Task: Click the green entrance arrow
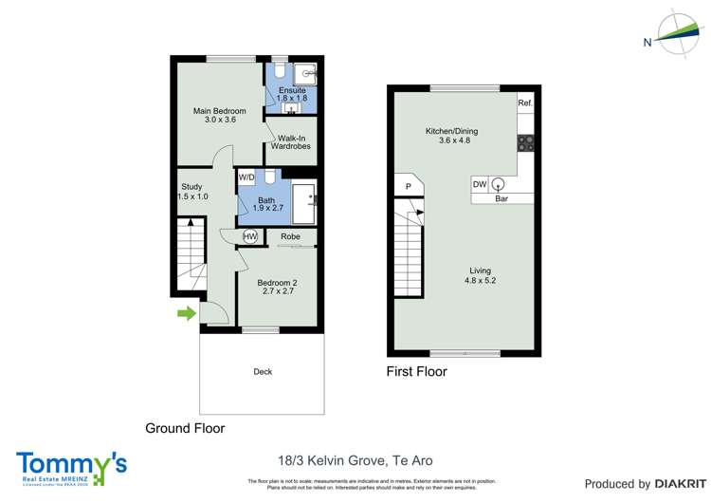tap(187, 313)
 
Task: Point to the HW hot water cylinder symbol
tap(250, 236)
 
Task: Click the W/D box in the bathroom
tap(246, 177)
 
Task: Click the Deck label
tap(263, 371)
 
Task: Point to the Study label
tap(192, 192)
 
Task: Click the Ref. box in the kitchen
tap(524, 102)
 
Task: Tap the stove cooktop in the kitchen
tap(525, 143)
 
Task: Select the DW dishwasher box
tap(481, 184)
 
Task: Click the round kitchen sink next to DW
tap(498, 184)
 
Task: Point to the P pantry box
tap(408, 187)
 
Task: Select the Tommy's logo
tap(71, 466)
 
